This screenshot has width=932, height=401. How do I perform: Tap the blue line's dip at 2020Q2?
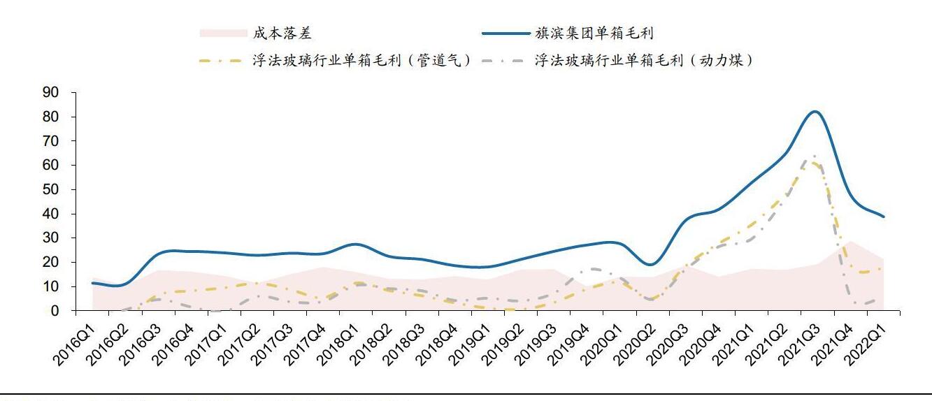tap(650, 265)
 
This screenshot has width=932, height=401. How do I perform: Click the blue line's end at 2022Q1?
tap(884, 217)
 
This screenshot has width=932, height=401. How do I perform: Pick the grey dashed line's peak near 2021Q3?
tap(813, 156)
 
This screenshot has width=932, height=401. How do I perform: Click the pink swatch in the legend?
tap(223, 33)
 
